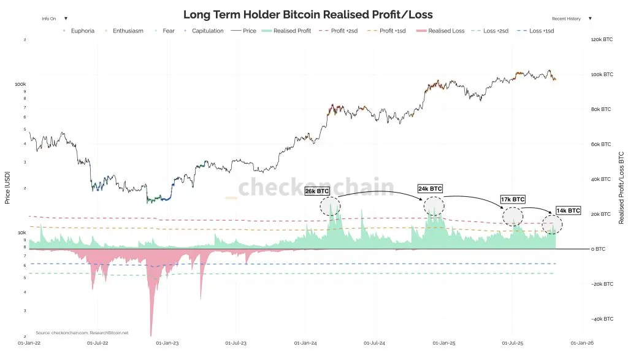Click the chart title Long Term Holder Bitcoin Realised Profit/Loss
click(307, 15)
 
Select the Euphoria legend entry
click(81, 31)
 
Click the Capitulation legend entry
click(207, 31)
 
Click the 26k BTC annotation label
click(317, 191)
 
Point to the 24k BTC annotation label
click(430, 188)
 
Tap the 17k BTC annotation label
click(513, 199)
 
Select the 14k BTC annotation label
click(568, 210)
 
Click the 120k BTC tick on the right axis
click(602, 40)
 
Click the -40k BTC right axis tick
click(602, 320)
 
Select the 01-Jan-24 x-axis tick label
click(305, 343)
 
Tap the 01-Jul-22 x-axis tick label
click(98, 343)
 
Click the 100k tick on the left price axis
click(20, 84)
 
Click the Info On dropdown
click(55, 19)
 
